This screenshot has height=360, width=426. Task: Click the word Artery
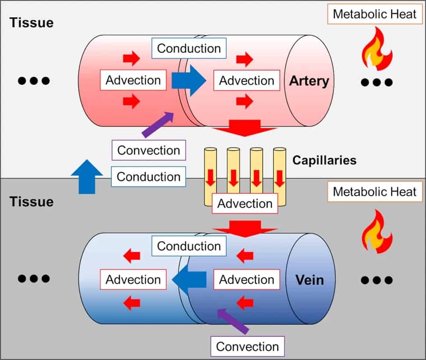[309, 81]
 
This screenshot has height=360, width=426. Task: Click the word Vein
[310, 280]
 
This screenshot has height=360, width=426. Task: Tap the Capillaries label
[324, 160]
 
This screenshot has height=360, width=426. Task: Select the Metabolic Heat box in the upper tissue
[374, 14]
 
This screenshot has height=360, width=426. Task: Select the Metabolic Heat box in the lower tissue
[374, 192]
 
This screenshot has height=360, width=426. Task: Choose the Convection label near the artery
[149, 150]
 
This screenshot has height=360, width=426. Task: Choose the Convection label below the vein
[247, 346]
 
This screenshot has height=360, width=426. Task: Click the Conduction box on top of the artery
[189, 48]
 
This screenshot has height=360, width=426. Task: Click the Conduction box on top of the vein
[189, 246]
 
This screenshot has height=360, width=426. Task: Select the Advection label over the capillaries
[245, 203]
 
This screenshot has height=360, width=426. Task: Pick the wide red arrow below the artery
[244, 128]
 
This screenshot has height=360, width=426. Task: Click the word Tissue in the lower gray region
[32, 201]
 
